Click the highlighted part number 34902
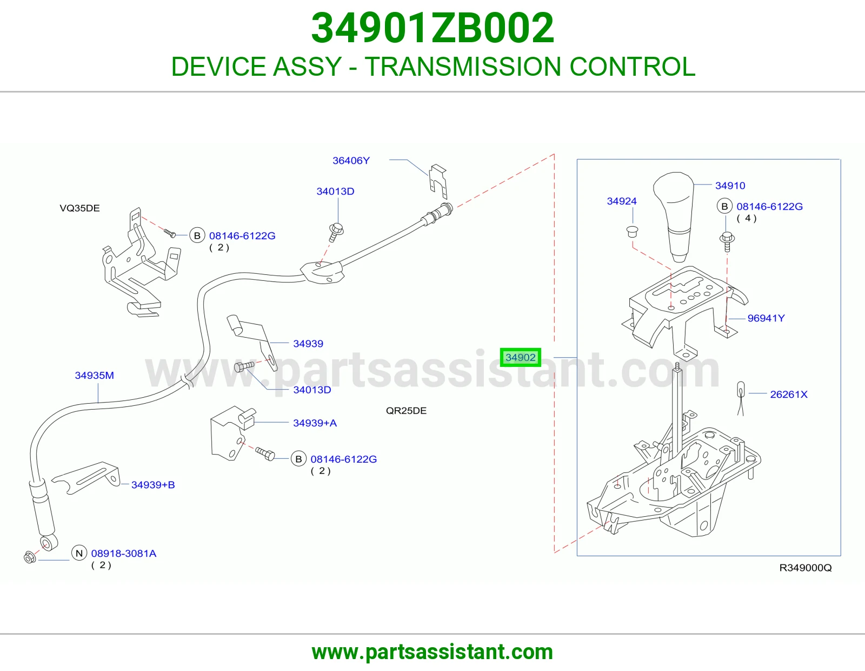pyautogui.click(x=520, y=357)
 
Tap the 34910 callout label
pyautogui.click(x=730, y=186)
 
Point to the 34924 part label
pyautogui.click(x=621, y=201)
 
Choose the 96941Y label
pyautogui.click(x=766, y=318)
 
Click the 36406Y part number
pyautogui.click(x=351, y=161)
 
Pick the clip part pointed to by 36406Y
pyautogui.click(x=438, y=181)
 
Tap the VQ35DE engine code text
pyautogui.click(x=79, y=208)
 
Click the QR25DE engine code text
pyautogui.click(x=406, y=411)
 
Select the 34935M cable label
pyautogui.click(x=95, y=376)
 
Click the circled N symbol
pyautogui.click(x=79, y=553)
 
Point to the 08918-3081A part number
pyautogui.click(x=124, y=554)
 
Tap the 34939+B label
pyautogui.click(x=153, y=485)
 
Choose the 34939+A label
pyautogui.click(x=315, y=423)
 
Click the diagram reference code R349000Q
pyautogui.click(x=806, y=568)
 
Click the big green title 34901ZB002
pyautogui.click(x=432, y=28)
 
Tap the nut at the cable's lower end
pyautogui.click(x=30, y=557)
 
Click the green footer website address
pyautogui.click(x=432, y=652)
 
